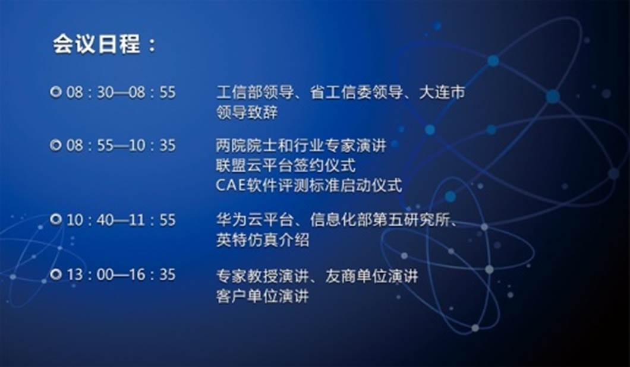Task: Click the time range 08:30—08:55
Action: pos(121,93)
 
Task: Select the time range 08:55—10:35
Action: pos(121,145)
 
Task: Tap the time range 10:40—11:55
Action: pos(121,220)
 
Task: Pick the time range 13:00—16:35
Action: pos(121,274)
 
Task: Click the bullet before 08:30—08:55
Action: pos(56,92)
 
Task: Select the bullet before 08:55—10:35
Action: pos(56,145)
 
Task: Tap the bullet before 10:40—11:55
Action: pos(56,219)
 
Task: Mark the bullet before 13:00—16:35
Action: pos(56,274)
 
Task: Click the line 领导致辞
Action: pos(247,112)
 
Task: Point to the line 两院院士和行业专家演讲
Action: pos(301,145)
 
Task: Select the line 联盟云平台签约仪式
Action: pos(286,165)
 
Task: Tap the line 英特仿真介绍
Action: pos(262,240)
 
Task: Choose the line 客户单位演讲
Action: pos(262,296)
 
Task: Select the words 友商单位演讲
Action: pos(371,276)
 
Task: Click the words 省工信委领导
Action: pos(357,93)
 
